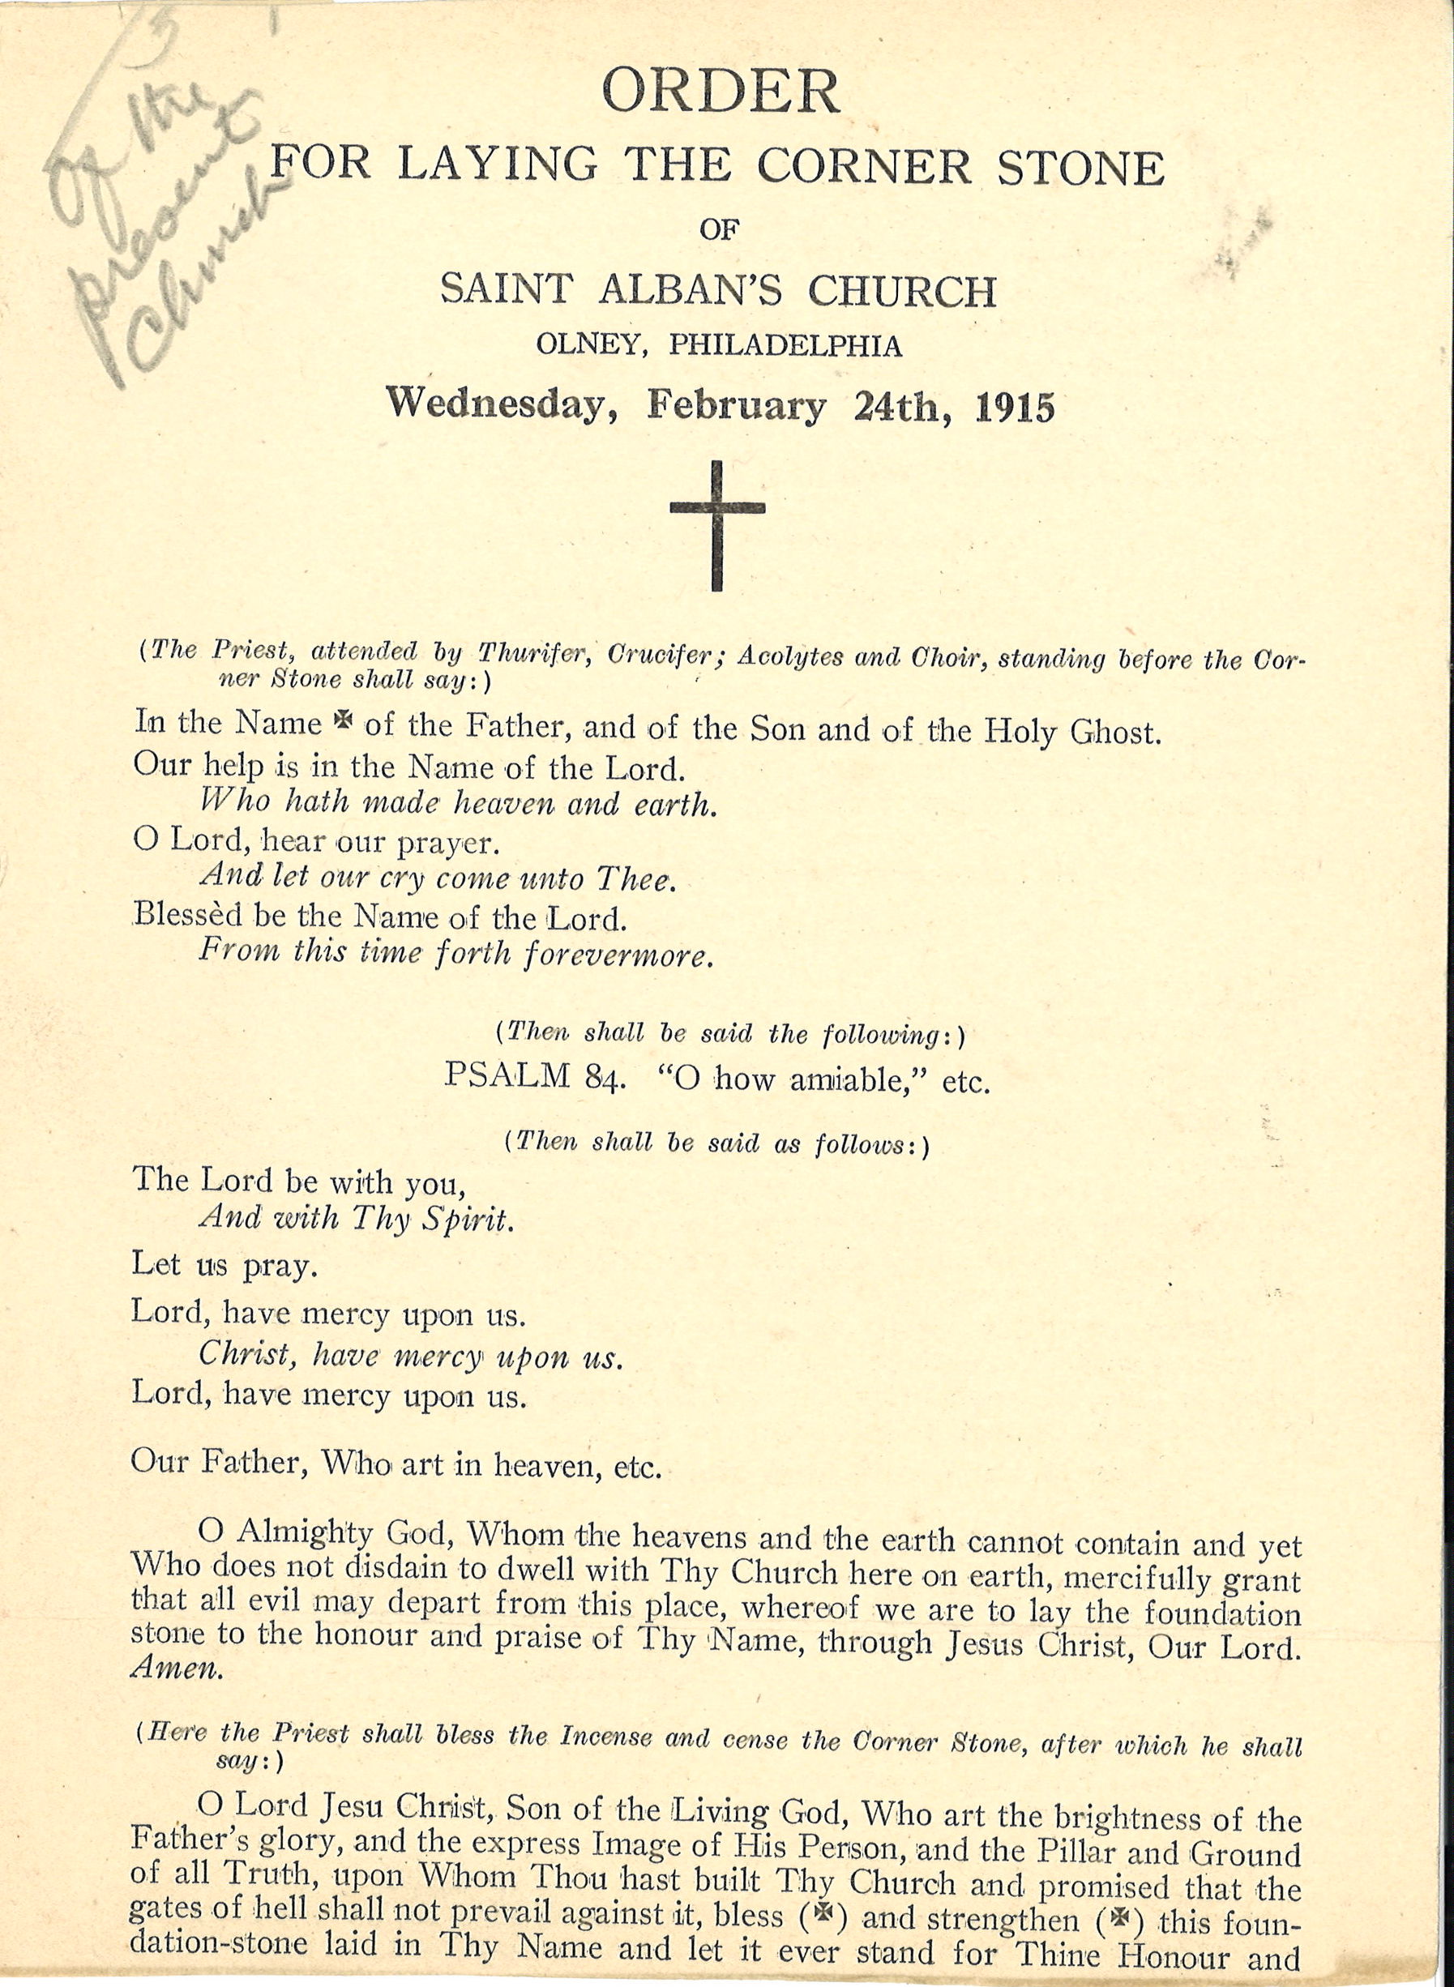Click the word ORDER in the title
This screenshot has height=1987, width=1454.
coord(720,92)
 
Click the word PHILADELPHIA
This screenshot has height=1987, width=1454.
coord(785,346)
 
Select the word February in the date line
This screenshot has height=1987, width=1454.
coord(736,406)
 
